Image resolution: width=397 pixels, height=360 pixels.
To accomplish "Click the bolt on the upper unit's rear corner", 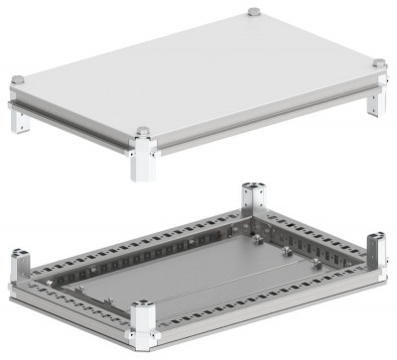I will click(x=253, y=12).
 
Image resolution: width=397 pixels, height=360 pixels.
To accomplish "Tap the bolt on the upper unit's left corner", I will click(x=17, y=78).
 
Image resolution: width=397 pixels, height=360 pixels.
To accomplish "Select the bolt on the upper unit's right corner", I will click(x=378, y=64).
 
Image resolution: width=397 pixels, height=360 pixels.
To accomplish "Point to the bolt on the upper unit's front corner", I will click(x=142, y=131).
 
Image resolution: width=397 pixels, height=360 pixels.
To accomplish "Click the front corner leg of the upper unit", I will click(x=142, y=159).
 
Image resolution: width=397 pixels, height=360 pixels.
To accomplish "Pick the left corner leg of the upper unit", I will click(x=18, y=117).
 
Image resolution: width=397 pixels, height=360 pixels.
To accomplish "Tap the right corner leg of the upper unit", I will click(x=377, y=99).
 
